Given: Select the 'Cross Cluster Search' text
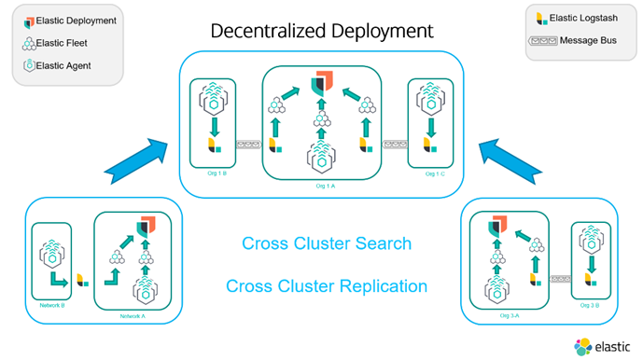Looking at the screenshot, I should pos(326,244).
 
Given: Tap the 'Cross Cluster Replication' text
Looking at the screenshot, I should pos(326,286).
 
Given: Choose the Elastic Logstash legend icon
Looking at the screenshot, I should pos(540,19).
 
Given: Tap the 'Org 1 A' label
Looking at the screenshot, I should pos(323,187).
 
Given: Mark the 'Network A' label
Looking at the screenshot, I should pos(133,316).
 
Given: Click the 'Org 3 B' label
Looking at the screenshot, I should pos(592,305).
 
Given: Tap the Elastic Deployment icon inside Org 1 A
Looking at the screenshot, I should pos(323,82).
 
